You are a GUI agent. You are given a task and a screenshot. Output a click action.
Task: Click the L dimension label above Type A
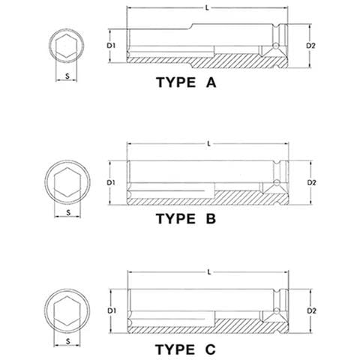(x=207, y=8)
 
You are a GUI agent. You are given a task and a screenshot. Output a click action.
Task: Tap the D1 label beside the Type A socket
(x=111, y=46)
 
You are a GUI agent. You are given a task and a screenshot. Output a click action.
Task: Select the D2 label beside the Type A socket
(x=310, y=46)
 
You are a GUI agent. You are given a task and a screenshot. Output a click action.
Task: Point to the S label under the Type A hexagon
(x=67, y=76)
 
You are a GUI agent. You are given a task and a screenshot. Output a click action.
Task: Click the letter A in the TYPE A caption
(x=211, y=82)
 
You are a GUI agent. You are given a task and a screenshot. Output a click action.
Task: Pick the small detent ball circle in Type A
(x=275, y=46)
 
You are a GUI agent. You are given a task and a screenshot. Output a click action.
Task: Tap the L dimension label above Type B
(x=209, y=144)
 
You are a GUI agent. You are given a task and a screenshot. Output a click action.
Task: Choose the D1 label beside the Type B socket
(x=111, y=183)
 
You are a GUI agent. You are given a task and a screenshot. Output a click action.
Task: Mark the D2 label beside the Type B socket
(x=311, y=183)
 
